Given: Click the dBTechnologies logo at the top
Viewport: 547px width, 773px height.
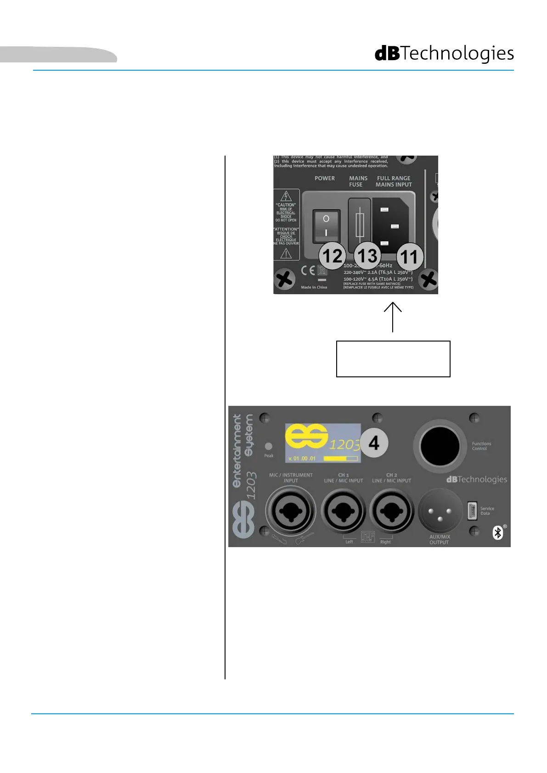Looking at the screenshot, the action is tap(444, 54).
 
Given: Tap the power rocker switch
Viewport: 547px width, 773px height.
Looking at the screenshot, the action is tap(326, 225).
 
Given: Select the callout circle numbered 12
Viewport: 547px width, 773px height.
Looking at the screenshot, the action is tap(333, 256).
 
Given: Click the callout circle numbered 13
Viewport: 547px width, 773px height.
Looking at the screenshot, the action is tap(367, 256).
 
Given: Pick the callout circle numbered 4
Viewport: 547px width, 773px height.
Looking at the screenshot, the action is tap(374, 443).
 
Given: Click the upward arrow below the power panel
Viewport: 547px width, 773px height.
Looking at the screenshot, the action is tap(393, 316).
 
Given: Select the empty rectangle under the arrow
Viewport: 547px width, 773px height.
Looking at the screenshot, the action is tap(393, 359).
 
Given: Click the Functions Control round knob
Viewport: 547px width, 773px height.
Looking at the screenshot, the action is tap(440, 446).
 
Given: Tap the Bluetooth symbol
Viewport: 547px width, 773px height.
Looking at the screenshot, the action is tap(498, 532).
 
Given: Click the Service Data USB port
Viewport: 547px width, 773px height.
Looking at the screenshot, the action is tap(472, 510).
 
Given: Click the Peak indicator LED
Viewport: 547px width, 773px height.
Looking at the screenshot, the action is tap(269, 446).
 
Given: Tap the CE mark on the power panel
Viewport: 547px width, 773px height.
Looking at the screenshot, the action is tap(308, 270).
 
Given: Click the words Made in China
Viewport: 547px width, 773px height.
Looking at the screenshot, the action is tap(314, 287).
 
